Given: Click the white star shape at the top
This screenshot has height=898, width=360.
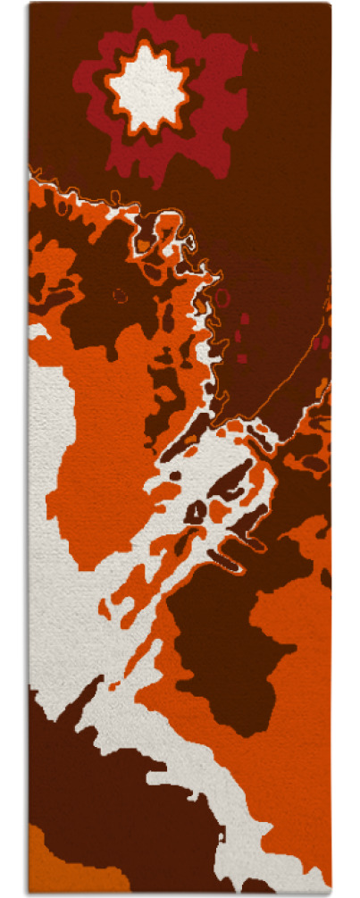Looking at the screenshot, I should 147,86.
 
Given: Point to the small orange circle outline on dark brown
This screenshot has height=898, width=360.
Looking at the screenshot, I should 120,295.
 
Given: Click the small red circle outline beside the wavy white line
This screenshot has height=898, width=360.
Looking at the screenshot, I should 222,297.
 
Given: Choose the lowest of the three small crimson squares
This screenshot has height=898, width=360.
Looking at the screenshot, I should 242,358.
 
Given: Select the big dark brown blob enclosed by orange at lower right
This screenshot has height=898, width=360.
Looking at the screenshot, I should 223,643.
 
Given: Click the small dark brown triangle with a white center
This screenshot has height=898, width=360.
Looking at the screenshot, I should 196,511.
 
